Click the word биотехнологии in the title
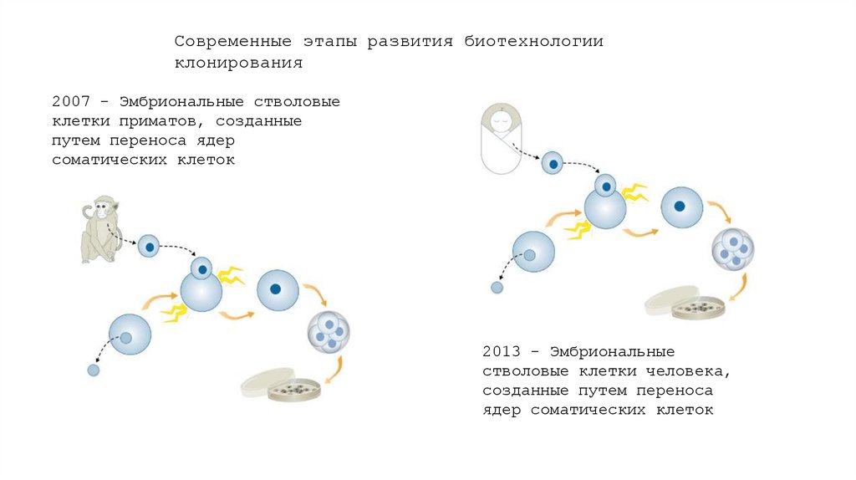tap(534, 42)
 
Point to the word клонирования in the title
tap(237, 63)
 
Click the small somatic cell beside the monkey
tap(149, 247)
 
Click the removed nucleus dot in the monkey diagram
tap(94, 370)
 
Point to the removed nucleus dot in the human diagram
tap(497, 289)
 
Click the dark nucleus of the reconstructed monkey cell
tap(273, 289)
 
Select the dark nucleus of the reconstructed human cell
tap(680, 206)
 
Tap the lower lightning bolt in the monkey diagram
tap(174, 313)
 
